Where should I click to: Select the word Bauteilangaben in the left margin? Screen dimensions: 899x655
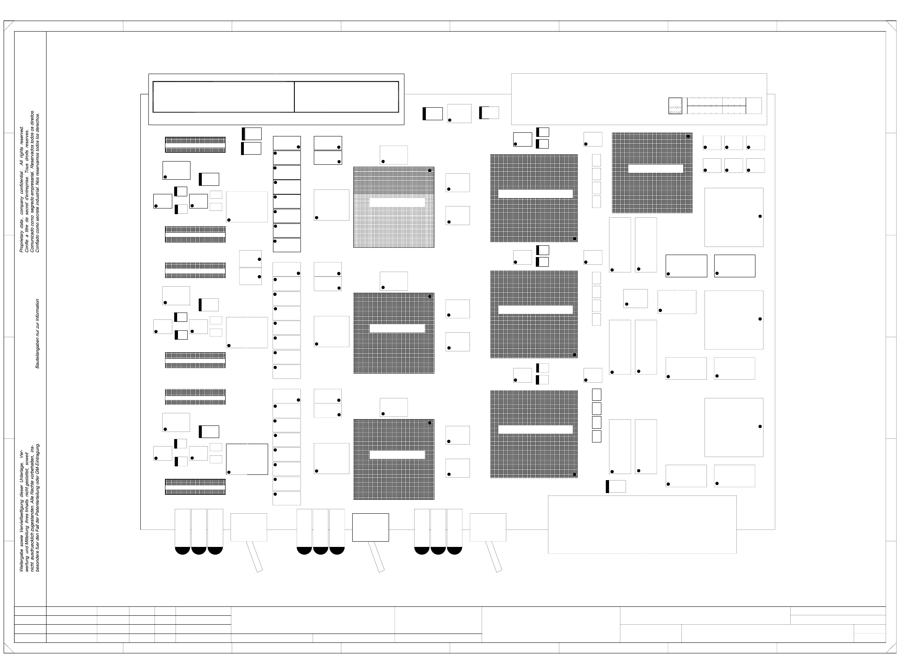pos(38,353)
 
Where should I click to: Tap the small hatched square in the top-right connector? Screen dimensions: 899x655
pos(675,106)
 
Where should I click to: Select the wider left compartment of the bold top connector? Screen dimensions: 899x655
pos(223,97)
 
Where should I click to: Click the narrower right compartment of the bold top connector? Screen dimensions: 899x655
pos(346,97)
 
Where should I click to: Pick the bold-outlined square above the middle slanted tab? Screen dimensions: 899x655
pos(370,527)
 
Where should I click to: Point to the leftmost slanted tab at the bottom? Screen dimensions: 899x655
pos(255,557)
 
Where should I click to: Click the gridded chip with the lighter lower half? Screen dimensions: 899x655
pos(393,207)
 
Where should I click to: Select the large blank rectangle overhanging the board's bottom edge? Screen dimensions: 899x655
pos(642,524)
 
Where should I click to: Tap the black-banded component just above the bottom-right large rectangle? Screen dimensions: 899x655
pos(616,486)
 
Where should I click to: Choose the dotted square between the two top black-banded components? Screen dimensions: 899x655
pos(459,113)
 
